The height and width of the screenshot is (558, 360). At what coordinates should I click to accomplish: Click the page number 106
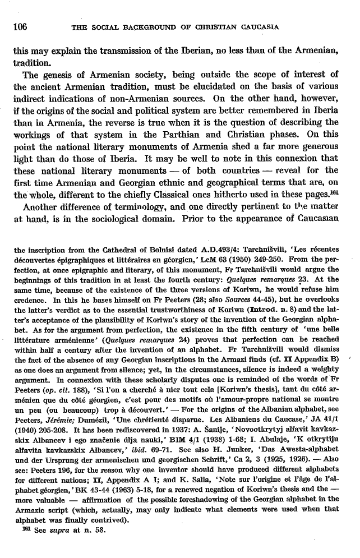[x=21, y=26]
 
